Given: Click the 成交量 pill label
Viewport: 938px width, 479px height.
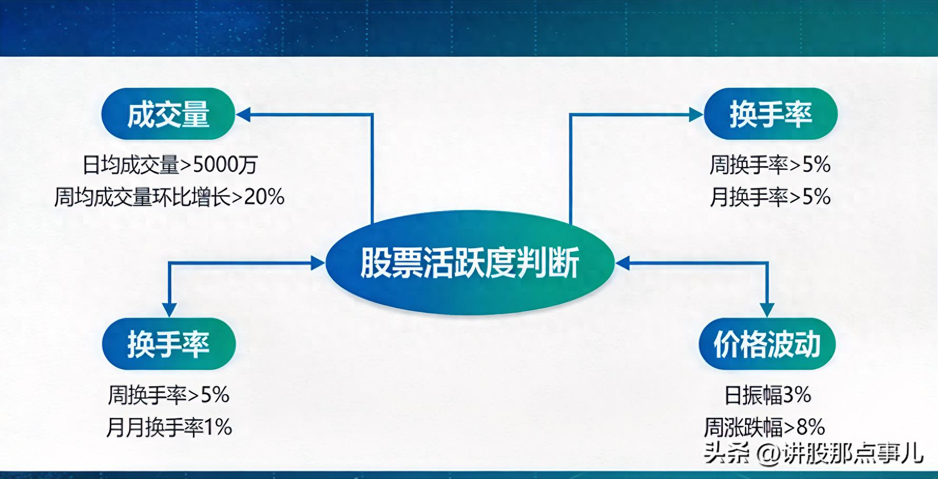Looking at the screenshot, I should pyautogui.click(x=168, y=114).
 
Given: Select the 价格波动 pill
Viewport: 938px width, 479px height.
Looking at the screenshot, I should pyautogui.click(x=767, y=344).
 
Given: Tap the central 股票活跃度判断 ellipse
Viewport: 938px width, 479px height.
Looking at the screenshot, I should pyautogui.click(x=470, y=262).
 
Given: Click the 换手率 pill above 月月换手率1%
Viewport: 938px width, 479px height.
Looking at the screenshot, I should pyautogui.click(x=169, y=344).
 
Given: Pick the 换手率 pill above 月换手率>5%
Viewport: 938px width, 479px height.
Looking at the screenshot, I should pyautogui.click(x=770, y=114).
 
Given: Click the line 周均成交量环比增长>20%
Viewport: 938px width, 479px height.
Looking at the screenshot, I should pyautogui.click(x=169, y=197).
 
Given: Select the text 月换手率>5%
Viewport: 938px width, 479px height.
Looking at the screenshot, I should pyautogui.click(x=770, y=197).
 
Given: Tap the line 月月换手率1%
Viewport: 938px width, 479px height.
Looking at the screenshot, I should pyautogui.click(x=169, y=427).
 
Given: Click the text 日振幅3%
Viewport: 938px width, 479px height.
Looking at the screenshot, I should pyautogui.click(x=767, y=395).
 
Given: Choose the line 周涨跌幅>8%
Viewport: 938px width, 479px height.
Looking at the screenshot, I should pyautogui.click(x=764, y=427).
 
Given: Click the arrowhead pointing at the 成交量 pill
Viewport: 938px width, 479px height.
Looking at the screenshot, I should pyautogui.click(x=243, y=114).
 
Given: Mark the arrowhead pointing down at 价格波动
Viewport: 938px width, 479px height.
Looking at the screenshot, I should pyautogui.click(x=767, y=309).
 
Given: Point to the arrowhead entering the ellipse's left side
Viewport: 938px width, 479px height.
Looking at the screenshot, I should pyautogui.click(x=318, y=262).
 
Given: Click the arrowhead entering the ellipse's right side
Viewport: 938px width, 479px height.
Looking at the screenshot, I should pyautogui.click(x=623, y=262).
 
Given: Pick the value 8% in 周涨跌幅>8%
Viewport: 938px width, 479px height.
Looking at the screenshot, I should pyautogui.click(x=810, y=427).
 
